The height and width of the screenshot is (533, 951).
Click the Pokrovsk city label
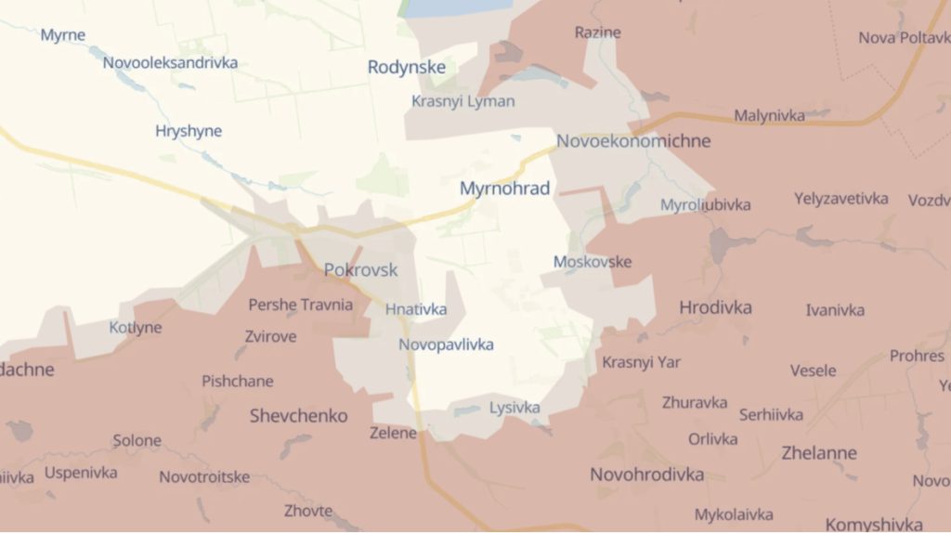click(360, 270)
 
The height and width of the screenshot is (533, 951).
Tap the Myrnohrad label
click(504, 188)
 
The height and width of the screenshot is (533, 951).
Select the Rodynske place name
click(406, 67)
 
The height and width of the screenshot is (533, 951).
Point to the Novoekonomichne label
click(633, 141)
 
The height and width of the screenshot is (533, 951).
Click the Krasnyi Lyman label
click(462, 101)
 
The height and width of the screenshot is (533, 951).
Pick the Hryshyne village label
click(189, 131)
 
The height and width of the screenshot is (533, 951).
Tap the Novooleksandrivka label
click(170, 63)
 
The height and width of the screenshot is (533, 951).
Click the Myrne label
click(63, 35)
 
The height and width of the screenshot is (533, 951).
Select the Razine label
click(597, 32)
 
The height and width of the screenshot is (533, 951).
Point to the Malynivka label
click(769, 115)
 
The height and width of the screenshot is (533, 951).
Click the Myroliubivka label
click(705, 204)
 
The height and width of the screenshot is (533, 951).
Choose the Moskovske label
click(592, 262)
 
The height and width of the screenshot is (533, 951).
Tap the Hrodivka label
click(715, 307)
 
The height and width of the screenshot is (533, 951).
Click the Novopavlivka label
click(446, 344)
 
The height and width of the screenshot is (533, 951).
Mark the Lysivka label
click(515, 407)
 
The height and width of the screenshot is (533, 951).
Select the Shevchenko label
click(298, 415)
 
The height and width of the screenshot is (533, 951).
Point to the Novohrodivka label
click(646, 474)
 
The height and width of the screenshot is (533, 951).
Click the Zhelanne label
click(793, 453)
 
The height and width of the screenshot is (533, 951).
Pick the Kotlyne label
click(136, 328)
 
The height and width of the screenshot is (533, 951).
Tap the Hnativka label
click(416, 309)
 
